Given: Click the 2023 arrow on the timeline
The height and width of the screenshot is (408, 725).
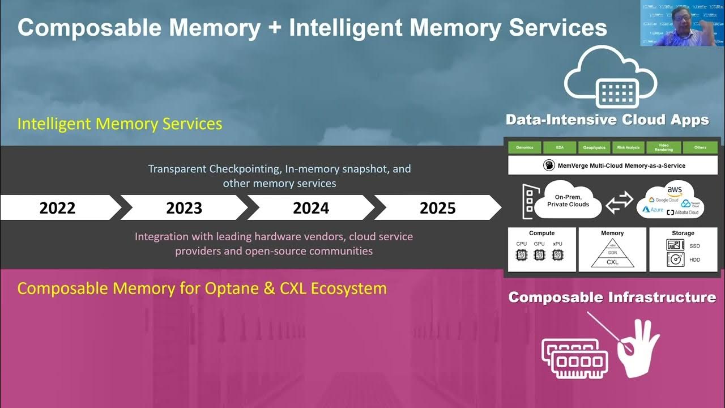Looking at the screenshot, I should point(184,208).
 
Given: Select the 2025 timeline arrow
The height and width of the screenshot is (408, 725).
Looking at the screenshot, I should point(437,208).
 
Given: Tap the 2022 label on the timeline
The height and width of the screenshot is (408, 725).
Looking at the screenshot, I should point(57,208).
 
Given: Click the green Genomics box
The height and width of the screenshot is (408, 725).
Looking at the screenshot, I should point(524,147).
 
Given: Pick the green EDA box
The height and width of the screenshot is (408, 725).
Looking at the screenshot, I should point(560,147).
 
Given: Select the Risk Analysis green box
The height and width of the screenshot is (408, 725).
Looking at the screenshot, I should point(628,147).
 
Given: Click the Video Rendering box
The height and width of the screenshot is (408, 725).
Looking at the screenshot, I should point(664,147).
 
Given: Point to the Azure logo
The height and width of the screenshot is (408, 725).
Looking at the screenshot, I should point(652,210).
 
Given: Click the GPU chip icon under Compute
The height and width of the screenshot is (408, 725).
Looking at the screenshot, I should point(539,255).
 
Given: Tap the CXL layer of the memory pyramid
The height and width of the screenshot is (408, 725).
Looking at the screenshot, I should point(612,262).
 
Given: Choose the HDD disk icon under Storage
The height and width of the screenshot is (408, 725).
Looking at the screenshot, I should point(675,260).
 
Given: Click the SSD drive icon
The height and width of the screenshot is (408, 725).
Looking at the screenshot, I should point(675,245).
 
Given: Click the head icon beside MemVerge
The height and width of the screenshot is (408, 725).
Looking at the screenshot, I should point(548,165).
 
